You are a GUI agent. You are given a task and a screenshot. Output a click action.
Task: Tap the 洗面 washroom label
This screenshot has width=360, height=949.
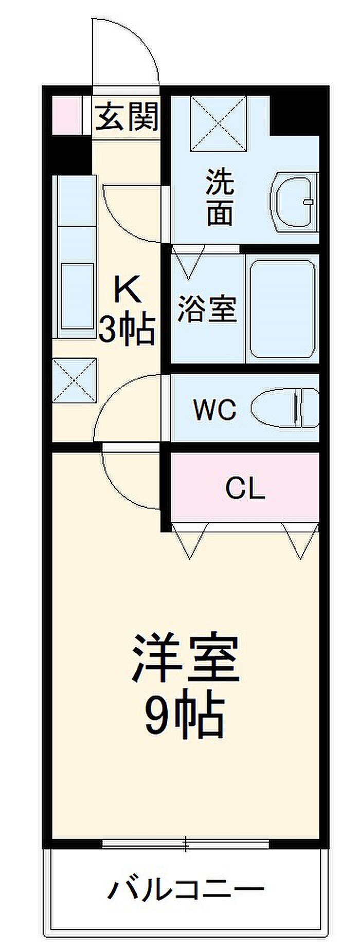220,197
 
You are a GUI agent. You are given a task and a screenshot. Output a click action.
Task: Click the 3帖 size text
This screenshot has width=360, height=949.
127,329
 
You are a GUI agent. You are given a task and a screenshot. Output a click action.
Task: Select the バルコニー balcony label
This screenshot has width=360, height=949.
186,888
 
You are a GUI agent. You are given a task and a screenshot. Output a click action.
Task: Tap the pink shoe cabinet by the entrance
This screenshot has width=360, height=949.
67,115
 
